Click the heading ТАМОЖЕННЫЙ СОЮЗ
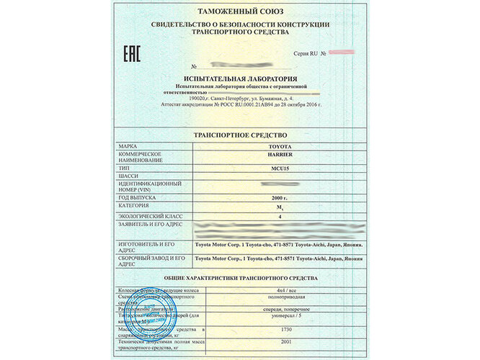[x=240, y=13]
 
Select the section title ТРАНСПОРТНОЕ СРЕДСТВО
[x=240, y=135]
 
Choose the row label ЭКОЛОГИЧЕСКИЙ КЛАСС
[x=147, y=215]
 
